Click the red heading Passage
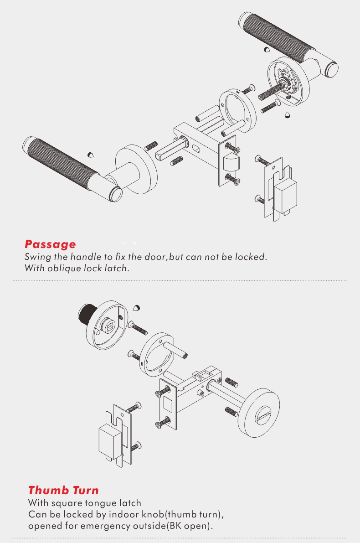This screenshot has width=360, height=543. coord(50,244)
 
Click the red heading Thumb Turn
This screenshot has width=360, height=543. coord(63,491)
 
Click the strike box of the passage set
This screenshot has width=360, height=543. coord(285,195)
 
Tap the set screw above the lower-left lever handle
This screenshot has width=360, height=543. coord(91,155)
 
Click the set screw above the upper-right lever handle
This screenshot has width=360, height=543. coord(267,50)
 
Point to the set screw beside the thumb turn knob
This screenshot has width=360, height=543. coord(137,307)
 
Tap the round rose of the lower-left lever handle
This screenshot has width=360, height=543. coord(137,170)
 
